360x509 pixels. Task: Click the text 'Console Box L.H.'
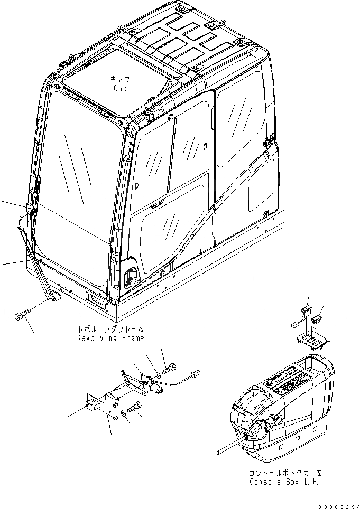point(284,482)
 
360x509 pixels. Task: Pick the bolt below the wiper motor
point(134,408)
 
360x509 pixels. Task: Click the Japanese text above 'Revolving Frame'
point(110,329)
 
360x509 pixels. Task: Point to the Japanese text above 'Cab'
point(121,78)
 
